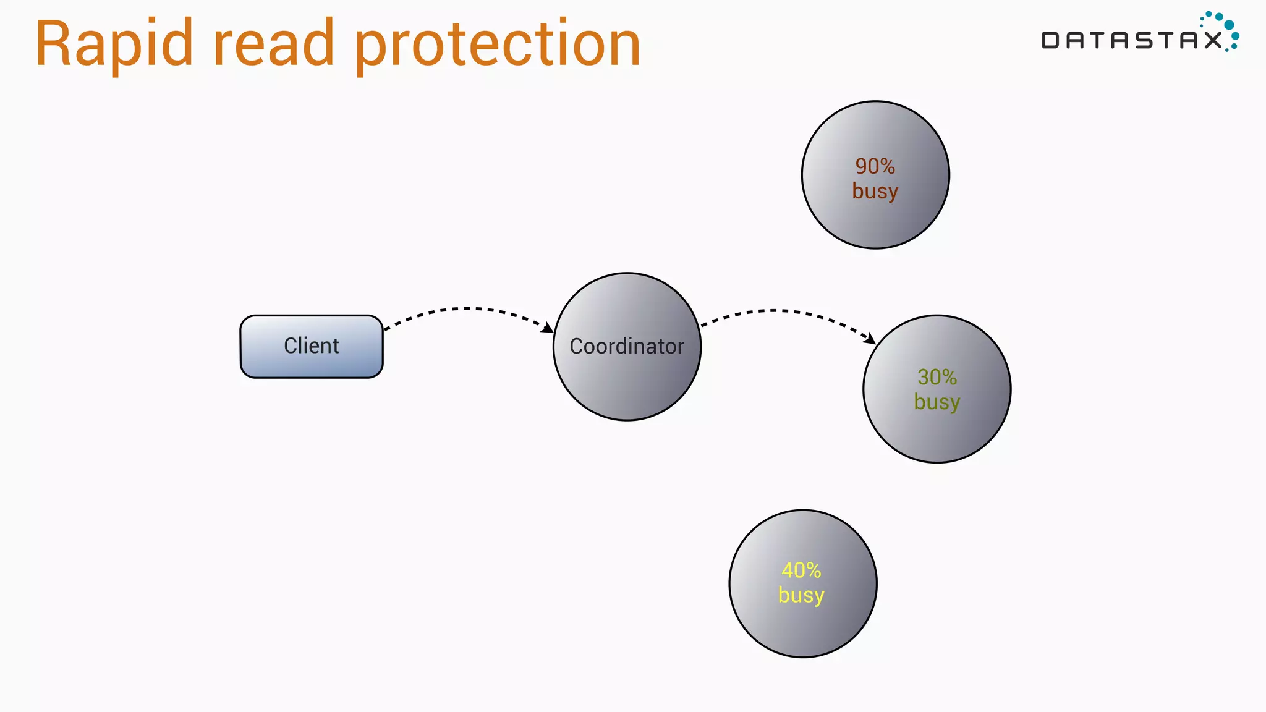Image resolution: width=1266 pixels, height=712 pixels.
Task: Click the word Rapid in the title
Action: click(114, 44)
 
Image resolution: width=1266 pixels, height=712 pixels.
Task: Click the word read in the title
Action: click(273, 44)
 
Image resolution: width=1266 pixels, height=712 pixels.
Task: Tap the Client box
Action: click(312, 346)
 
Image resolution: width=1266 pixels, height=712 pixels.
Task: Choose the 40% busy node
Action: click(802, 624)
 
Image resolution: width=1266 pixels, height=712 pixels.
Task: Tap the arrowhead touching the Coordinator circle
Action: click(548, 328)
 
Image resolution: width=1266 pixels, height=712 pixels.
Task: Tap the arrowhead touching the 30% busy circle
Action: click(870, 339)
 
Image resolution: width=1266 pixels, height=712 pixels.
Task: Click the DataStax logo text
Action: click(1131, 41)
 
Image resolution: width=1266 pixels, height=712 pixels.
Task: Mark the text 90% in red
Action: click(875, 166)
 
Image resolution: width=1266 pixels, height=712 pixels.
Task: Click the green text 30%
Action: click(937, 377)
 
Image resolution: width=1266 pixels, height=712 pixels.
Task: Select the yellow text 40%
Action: click(802, 570)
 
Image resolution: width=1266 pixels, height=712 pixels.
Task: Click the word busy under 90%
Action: click(875, 191)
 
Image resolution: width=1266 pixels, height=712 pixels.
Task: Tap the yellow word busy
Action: click(801, 595)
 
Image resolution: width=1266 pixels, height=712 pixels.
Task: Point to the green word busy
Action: click(937, 402)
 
